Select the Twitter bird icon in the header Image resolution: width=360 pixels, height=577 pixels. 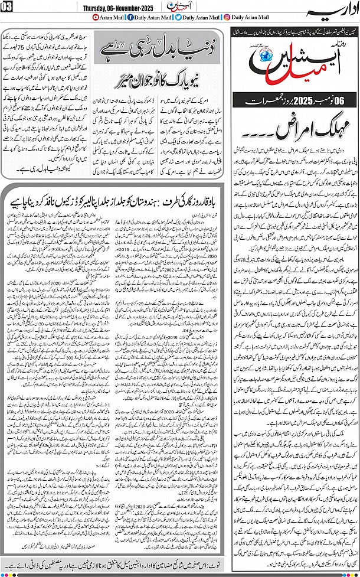pyautogui.click(x=178, y=18)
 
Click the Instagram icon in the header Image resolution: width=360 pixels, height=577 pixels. pyautogui.click(x=228, y=18)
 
